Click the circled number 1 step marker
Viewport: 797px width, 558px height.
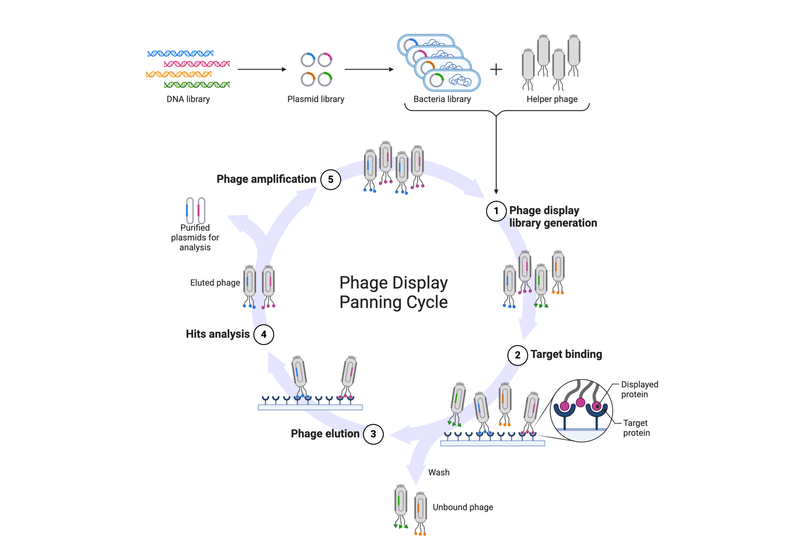pyautogui.click(x=496, y=211)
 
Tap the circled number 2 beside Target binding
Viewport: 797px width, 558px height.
pyautogui.click(x=517, y=355)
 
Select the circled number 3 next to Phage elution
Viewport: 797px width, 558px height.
pyautogui.click(x=373, y=434)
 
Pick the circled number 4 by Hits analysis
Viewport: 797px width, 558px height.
pyautogui.click(x=263, y=334)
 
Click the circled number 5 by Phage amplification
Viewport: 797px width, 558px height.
pyautogui.click(x=330, y=179)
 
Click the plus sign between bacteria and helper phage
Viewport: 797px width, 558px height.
pyautogui.click(x=496, y=70)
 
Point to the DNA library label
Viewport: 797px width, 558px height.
pyautogui.click(x=188, y=99)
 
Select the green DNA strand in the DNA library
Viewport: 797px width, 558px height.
pyautogui.click(x=197, y=84)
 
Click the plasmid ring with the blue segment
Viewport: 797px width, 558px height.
pyautogui.click(x=307, y=60)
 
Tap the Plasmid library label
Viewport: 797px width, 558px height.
pyautogui.click(x=316, y=99)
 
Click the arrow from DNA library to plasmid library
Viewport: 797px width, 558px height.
pyautogui.click(x=262, y=69)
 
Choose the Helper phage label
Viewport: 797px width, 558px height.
pyautogui.click(x=551, y=99)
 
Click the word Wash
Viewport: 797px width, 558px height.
pyautogui.click(x=439, y=472)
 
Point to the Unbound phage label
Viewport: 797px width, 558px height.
pyautogui.click(x=462, y=507)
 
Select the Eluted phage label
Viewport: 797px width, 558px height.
pyautogui.click(x=215, y=283)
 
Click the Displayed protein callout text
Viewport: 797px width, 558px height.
pyautogui.click(x=639, y=389)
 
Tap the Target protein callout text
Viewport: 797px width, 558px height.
pyautogui.click(x=636, y=428)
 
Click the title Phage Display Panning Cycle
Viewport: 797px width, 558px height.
pyautogui.click(x=393, y=292)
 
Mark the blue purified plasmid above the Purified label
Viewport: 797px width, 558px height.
pyautogui.click(x=190, y=210)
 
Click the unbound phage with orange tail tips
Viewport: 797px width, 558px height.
pyautogui.click(x=420, y=513)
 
